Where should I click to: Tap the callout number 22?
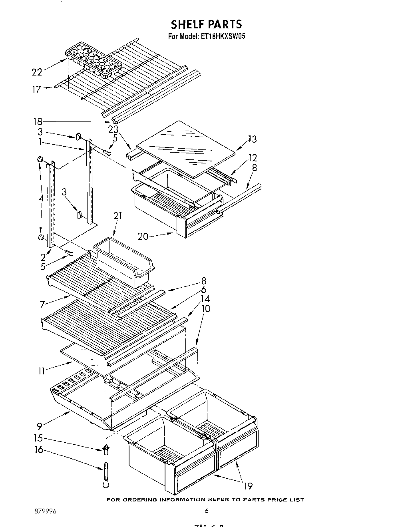tap(37, 72)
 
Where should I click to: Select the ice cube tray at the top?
tap(93, 60)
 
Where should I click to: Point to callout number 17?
tap(36, 89)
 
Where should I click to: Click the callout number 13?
tap(252, 139)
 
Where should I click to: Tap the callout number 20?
tap(143, 236)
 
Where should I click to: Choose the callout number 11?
tap(42, 371)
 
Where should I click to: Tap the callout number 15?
tap(38, 439)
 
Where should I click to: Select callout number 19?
tap(248, 486)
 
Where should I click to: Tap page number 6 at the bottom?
tap(206, 511)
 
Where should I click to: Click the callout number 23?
tap(113, 129)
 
